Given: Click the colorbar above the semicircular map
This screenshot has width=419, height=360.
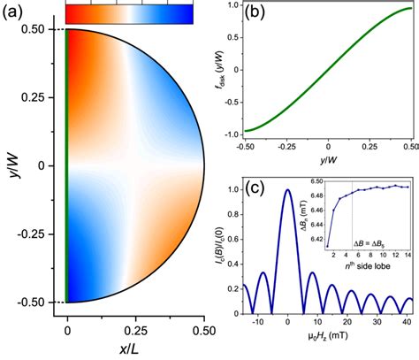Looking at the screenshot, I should pos(129,13).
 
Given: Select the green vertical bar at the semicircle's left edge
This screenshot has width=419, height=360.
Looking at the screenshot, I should pos(68,165).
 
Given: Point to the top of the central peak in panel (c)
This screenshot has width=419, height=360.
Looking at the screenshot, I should pos(287,190).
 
